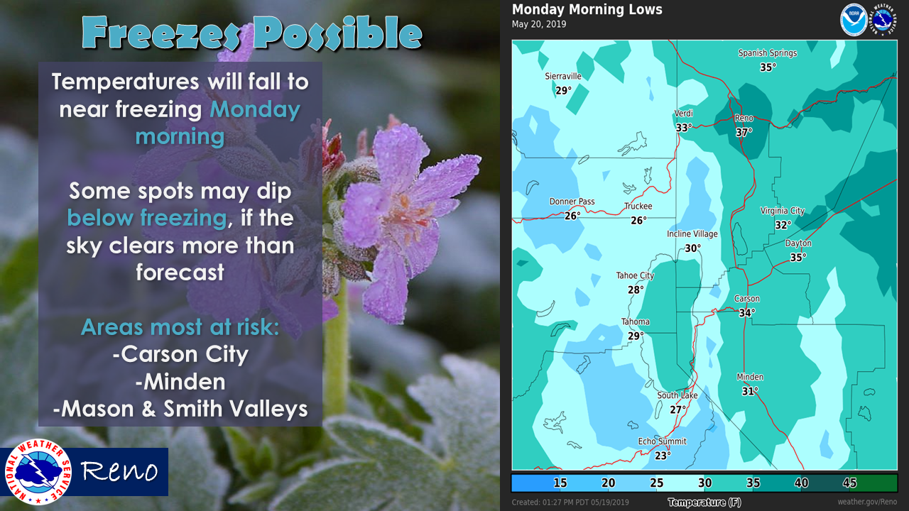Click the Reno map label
[x=744, y=118]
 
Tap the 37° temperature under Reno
[x=744, y=132]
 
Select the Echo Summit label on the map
[x=663, y=441]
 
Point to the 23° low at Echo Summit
[x=663, y=456]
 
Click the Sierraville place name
[x=563, y=76]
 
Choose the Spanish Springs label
[x=768, y=53]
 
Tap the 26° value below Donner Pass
[x=572, y=216]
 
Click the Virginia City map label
[x=783, y=211]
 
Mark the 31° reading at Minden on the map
[x=750, y=391]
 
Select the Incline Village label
[x=692, y=234]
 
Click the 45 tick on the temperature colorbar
[x=849, y=483]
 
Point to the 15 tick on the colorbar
[x=560, y=483]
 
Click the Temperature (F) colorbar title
[x=704, y=502]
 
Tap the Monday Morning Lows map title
[x=587, y=9]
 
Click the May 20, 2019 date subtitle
[x=539, y=24]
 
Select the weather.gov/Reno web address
[x=867, y=502]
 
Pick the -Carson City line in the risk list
[x=180, y=354]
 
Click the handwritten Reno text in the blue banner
[x=119, y=471]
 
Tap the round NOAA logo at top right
[x=854, y=19]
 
